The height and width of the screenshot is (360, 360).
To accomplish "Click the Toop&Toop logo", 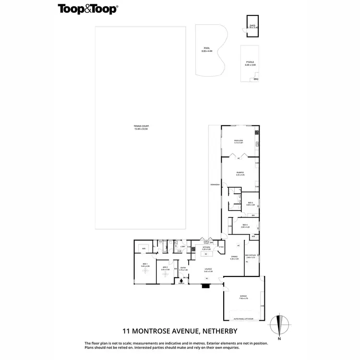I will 88,9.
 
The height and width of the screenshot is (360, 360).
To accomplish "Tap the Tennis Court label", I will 141,128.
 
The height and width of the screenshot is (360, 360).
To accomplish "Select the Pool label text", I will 207,48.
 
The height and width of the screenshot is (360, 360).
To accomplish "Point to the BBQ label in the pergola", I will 256,79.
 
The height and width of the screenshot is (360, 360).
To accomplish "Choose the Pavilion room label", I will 239,141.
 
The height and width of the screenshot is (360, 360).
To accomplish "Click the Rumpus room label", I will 240,173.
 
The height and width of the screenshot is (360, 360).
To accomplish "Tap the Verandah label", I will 215,185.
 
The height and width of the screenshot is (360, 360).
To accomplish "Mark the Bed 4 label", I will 245,225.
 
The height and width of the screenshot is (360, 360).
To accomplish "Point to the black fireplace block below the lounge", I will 206,286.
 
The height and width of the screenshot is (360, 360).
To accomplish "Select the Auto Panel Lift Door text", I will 242,318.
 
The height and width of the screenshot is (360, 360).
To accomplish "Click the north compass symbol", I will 280,325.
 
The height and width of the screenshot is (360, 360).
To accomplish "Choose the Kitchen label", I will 206,249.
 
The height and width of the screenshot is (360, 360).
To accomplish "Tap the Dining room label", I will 234,258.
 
